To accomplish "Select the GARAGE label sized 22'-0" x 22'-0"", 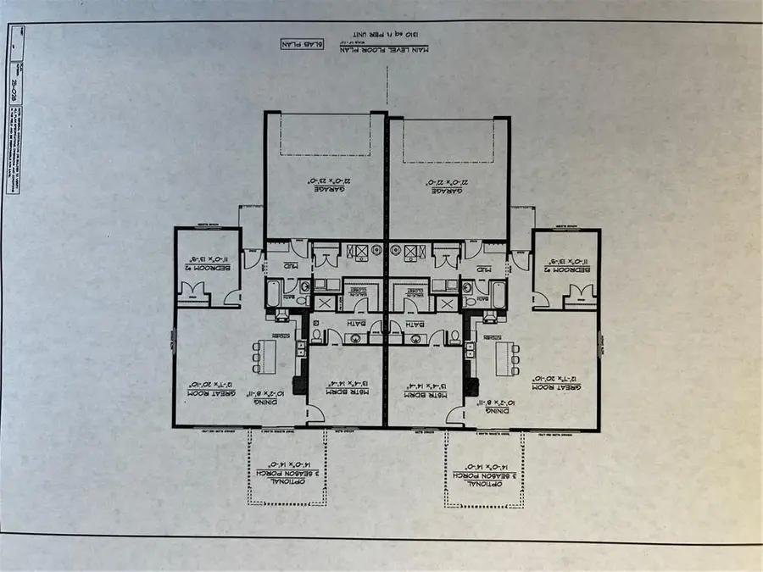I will coord(448,186).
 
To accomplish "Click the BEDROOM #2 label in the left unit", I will coord(203,270).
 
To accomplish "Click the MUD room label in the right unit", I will coord(484,265).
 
